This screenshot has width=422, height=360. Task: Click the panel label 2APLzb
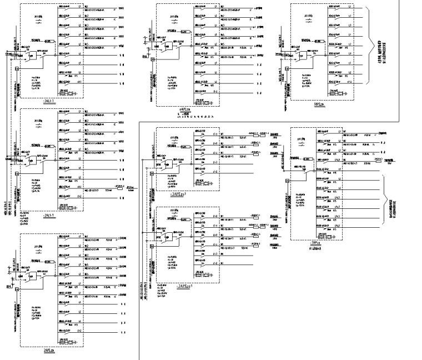click(48, 351)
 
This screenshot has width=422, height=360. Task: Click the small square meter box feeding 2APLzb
click(17, 286)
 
